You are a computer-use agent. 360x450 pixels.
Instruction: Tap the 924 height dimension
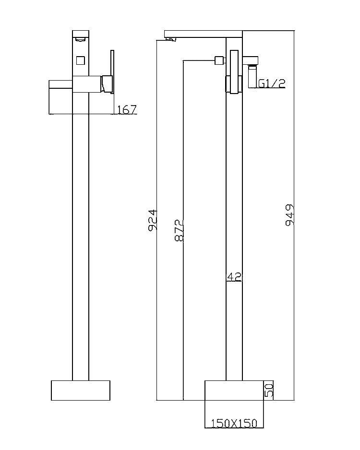click(x=153, y=220)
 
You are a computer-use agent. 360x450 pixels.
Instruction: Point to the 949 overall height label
click(x=289, y=215)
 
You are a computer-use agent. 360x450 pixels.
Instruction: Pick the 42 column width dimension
click(x=233, y=277)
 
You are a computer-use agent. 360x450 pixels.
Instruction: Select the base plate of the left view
click(x=81, y=390)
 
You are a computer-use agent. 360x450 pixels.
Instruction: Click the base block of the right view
click(x=234, y=390)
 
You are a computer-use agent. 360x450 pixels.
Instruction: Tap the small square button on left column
click(x=80, y=60)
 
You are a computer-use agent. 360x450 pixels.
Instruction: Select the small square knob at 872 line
click(x=220, y=60)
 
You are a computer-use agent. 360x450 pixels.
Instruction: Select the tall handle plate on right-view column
click(x=234, y=72)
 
